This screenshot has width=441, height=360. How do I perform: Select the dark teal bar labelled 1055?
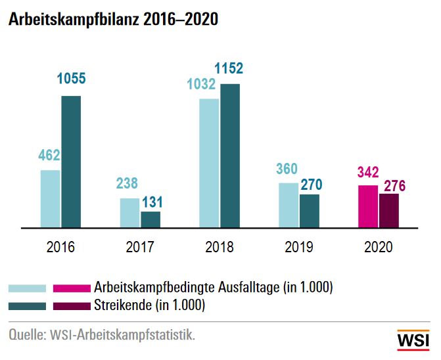[x=71, y=162]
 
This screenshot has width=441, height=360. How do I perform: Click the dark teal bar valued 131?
[x=151, y=219]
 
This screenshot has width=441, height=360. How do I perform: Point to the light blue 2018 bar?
[x=209, y=163]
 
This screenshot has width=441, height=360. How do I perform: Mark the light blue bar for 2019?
[x=289, y=205]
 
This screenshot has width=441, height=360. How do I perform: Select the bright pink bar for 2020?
[x=367, y=206]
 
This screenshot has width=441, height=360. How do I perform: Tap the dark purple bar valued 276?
[x=388, y=210]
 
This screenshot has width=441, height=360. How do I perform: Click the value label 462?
[x=49, y=156]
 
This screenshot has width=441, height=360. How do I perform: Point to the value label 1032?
[x=201, y=84]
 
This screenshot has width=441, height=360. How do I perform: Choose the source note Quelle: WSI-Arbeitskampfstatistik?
[x=102, y=335]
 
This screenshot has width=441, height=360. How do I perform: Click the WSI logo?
[x=413, y=340]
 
